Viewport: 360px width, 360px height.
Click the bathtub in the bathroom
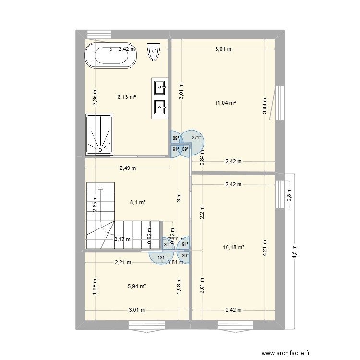pyautogui.click(x=111, y=57)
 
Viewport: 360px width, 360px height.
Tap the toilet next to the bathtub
pyautogui.click(x=153, y=52)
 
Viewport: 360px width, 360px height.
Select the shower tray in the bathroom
pyautogui.click(x=99, y=134)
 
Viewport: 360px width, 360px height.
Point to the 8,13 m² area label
pyautogui.click(x=127, y=96)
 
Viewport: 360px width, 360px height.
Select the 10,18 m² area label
pyautogui.click(x=234, y=247)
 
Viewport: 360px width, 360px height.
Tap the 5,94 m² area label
pyautogui.click(x=137, y=286)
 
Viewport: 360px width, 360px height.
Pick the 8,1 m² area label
pyautogui.click(x=138, y=202)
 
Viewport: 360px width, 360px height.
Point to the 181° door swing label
pyautogui.click(x=162, y=258)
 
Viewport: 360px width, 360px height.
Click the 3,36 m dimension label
pyautogui.click(x=95, y=98)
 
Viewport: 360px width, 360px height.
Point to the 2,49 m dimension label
pyautogui.click(x=128, y=168)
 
